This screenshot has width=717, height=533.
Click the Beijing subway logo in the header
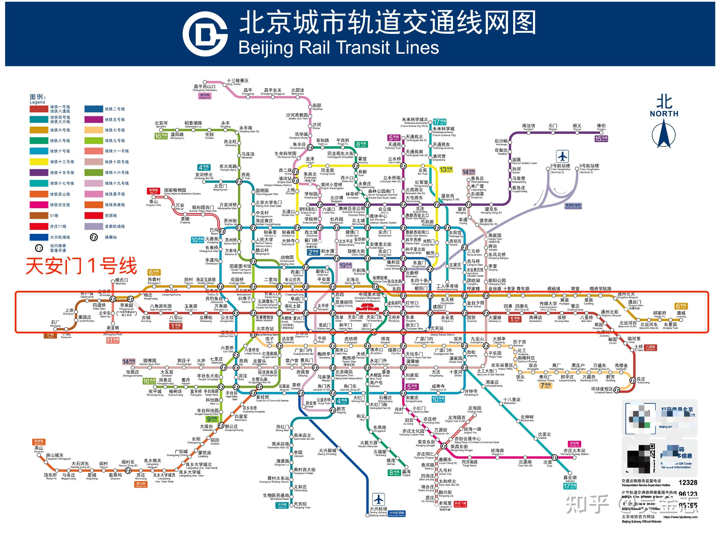[x=205, y=33]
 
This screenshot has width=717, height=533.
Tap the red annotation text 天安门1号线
[x=81, y=266]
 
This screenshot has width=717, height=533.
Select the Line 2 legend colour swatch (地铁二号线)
[x=94, y=109]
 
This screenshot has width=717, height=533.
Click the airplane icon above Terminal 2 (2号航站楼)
[x=563, y=156]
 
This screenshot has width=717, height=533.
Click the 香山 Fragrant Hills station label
[x=153, y=203]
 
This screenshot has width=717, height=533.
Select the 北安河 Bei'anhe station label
[x=161, y=124]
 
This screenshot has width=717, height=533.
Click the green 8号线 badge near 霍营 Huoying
[x=361, y=144]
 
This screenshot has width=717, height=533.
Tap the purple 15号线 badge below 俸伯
[x=601, y=139]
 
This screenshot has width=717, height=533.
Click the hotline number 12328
[x=688, y=483]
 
